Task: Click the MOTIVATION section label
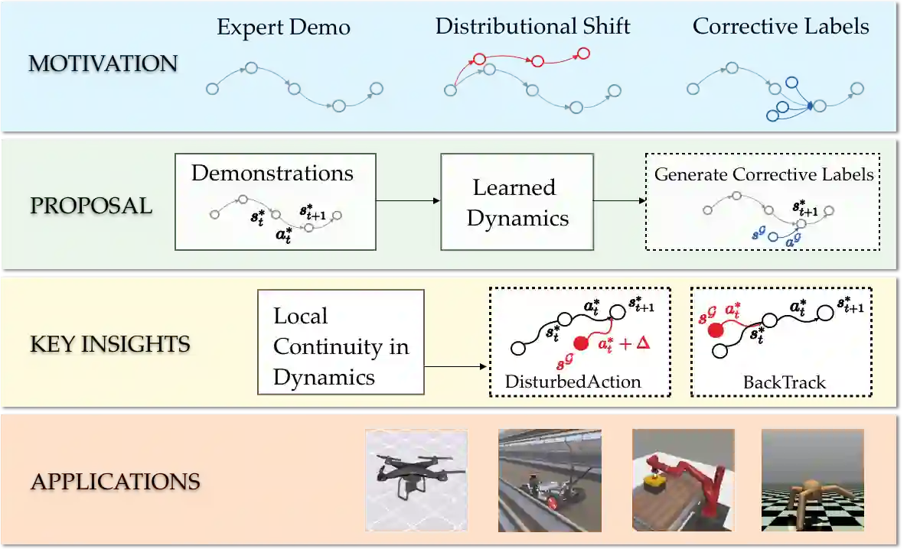pos(103,63)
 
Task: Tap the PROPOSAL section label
pos(90,206)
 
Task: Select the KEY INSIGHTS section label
pos(109,344)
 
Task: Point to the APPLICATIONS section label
pos(115,482)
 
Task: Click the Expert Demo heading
pos(283,28)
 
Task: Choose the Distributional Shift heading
pos(533,26)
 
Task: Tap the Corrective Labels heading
pos(781,26)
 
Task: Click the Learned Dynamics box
pos(517,202)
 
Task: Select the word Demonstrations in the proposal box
pos(272,173)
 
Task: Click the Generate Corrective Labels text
pos(764,174)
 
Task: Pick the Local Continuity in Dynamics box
pos(341,346)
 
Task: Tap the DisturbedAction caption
pos(573,382)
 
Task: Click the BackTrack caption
pos(784,382)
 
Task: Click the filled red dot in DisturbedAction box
pos(581,343)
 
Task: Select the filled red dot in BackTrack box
pos(716,330)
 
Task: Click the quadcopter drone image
pos(416,479)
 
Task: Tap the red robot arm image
pos(683,479)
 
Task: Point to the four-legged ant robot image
pos(812,479)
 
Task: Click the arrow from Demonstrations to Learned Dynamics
pos(409,201)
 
